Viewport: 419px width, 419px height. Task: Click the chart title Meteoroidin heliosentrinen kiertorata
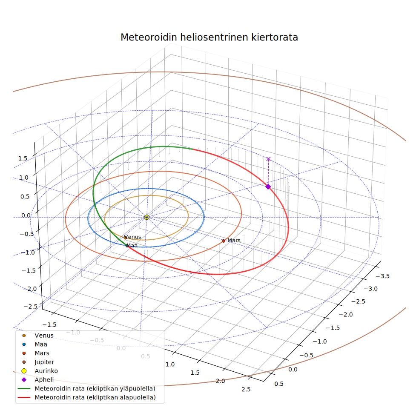click(x=209, y=37)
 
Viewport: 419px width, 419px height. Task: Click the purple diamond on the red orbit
click(x=268, y=187)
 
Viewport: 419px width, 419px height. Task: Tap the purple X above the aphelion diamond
click(x=269, y=159)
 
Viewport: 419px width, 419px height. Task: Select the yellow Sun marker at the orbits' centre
click(x=146, y=217)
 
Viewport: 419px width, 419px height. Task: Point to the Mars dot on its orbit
click(x=224, y=241)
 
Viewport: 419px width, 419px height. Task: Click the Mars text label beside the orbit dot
click(x=234, y=241)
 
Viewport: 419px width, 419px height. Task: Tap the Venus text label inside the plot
click(x=133, y=237)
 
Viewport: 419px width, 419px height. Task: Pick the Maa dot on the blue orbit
click(x=127, y=246)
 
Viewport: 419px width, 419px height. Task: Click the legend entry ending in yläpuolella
click(x=86, y=388)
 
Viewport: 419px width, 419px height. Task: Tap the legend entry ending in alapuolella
click(x=86, y=397)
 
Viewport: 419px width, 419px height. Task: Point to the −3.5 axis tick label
click(x=382, y=276)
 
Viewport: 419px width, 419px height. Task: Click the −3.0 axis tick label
click(x=370, y=289)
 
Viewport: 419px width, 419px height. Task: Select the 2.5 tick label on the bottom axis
click(x=246, y=389)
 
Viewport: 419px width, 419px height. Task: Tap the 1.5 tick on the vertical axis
click(x=23, y=158)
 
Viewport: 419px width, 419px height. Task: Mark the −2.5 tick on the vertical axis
click(x=31, y=306)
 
